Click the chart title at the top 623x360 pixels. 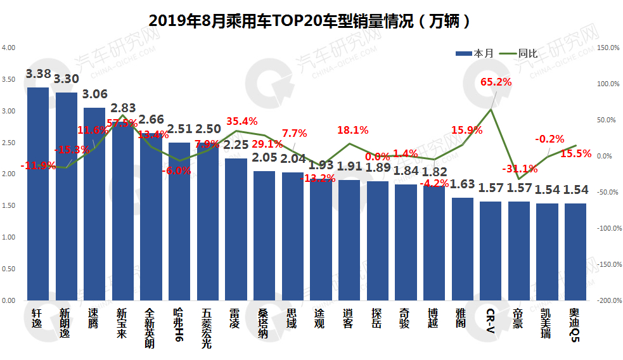(x=310, y=20)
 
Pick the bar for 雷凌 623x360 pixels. (x=236, y=229)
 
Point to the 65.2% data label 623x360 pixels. (x=496, y=82)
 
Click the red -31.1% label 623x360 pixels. (x=520, y=169)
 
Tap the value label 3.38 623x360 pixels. (x=38, y=75)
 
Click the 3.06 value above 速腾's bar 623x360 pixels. (x=95, y=94)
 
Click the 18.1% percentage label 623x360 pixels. (x=353, y=131)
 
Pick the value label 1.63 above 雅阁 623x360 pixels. (x=463, y=185)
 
